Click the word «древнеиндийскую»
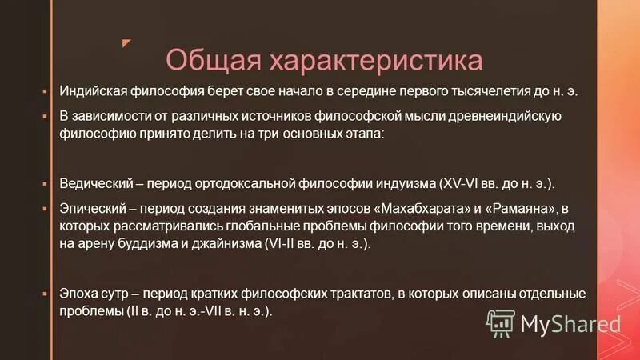click(x=505, y=116)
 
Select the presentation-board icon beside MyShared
click(x=500, y=322)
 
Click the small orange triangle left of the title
click(x=126, y=42)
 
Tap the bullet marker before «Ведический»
click(x=46, y=182)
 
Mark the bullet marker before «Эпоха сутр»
click(x=46, y=294)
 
